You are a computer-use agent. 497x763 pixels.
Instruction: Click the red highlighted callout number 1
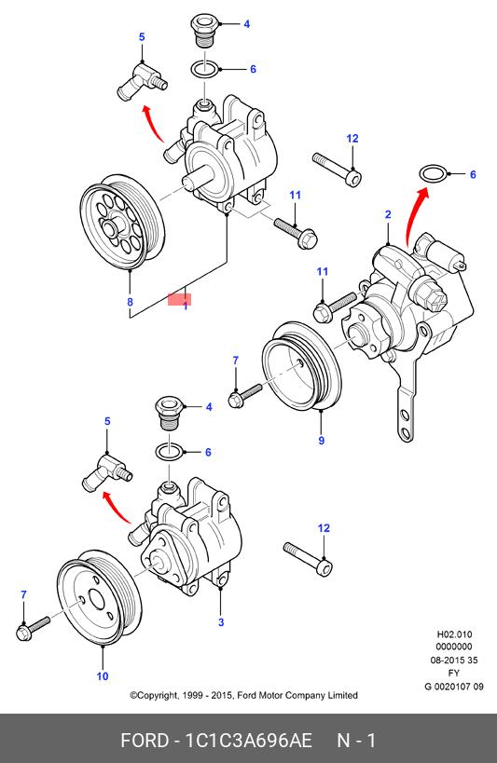click(x=186, y=307)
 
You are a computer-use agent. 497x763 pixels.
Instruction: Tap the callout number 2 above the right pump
click(x=388, y=214)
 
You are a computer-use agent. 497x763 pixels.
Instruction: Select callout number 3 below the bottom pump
click(x=221, y=622)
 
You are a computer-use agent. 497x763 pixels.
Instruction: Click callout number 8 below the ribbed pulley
click(x=130, y=302)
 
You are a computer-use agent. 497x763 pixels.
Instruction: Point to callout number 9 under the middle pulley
click(x=321, y=441)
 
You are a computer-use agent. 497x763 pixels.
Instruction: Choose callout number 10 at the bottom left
click(x=103, y=676)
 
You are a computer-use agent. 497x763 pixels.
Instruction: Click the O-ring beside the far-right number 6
click(x=433, y=173)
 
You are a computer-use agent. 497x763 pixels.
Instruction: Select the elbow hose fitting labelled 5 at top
click(x=143, y=81)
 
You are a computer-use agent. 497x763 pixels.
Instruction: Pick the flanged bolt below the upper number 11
click(x=297, y=233)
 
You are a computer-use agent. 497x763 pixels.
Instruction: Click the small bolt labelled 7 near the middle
click(x=244, y=396)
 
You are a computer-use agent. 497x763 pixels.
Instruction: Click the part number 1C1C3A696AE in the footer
click(x=248, y=741)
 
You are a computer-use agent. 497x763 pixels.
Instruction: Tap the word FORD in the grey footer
click(x=144, y=741)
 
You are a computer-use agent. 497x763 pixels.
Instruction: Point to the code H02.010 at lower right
click(x=454, y=634)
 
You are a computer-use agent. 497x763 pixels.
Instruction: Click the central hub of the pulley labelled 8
click(x=112, y=226)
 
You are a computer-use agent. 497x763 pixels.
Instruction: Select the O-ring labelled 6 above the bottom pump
click(x=170, y=452)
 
